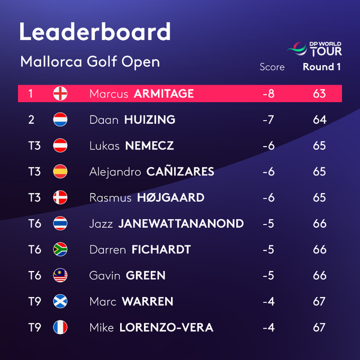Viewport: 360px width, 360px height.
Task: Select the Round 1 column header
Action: coord(321,67)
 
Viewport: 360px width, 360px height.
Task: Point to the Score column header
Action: coord(272,67)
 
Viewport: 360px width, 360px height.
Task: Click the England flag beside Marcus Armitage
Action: coord(60,94)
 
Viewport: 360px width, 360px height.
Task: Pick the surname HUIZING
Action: coord(150,120)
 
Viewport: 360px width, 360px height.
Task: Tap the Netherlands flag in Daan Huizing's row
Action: coord(60,120)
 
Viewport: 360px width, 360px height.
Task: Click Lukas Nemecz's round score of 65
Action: coord(319,146)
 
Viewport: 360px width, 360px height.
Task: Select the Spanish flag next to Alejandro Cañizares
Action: coord(60,172)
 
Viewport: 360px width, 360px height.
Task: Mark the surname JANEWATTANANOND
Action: coord(181,224)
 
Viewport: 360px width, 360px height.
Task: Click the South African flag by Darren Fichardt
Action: coord(60,250)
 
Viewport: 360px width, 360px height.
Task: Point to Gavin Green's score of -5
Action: coord(268,276)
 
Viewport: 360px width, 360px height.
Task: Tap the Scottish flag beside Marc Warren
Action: coord(60,302)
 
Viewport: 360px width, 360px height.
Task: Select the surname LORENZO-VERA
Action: coord(166,328)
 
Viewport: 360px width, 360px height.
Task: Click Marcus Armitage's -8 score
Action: coord(268,94)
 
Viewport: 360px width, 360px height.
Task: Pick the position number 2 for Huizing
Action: coord(31,120)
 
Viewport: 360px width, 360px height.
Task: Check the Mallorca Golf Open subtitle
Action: coord(90,62)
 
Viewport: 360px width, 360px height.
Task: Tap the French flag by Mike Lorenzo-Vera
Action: coord(60,328)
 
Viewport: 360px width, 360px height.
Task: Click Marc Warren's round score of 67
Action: coord(319,302)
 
